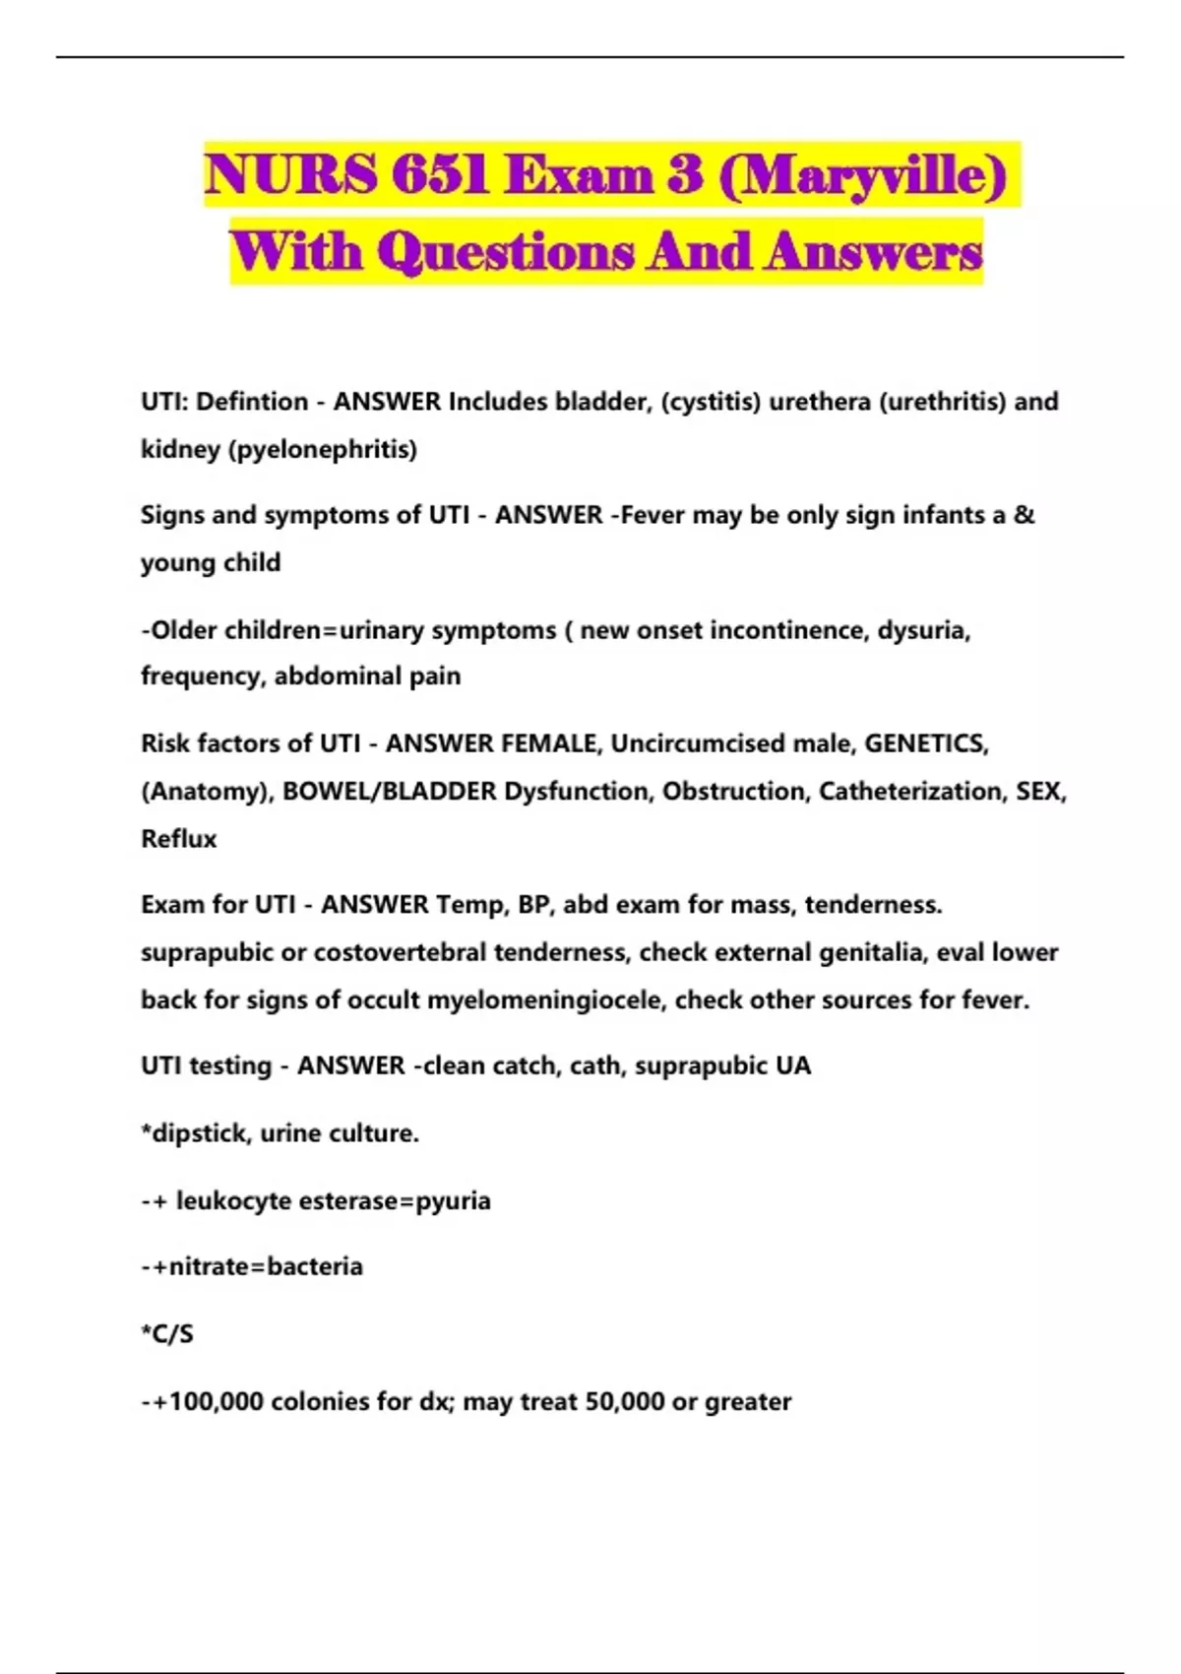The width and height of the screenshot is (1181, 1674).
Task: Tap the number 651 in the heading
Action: (x=439, y=175)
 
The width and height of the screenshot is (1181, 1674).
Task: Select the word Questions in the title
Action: (x=506, y=252)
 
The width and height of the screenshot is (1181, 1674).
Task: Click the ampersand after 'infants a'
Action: (x=1025, y=515)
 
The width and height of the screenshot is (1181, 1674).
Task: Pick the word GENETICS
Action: (x=926, y=743)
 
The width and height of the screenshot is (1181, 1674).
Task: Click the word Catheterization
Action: (x=910, y=792)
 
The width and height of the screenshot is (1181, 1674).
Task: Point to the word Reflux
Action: (x=178, y=839)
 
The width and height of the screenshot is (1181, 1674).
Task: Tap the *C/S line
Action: (x=167, y=1334)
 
